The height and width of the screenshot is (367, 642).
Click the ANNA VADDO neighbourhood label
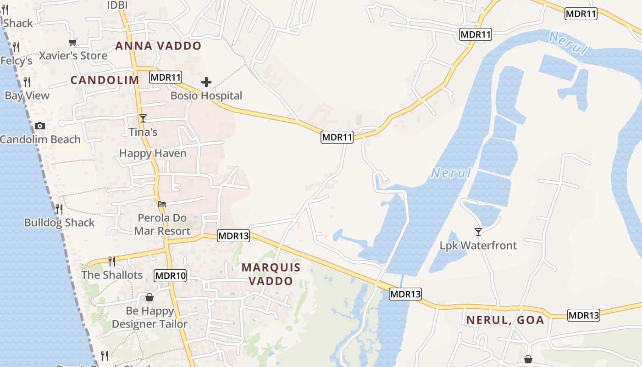coord(158,46)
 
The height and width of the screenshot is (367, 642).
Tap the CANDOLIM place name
coord(105,80)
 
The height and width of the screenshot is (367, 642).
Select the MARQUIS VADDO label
coord(271,274)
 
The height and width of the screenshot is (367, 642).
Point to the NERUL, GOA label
coord(505,320)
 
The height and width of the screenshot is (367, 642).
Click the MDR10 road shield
coord(170,276)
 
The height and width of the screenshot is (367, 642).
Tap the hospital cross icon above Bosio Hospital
coord(206,83)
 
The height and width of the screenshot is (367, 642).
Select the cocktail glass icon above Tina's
coord(143,118)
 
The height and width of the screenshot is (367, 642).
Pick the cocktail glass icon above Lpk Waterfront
coord(478,232)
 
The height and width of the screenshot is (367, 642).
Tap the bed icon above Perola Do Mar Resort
coord(162,204)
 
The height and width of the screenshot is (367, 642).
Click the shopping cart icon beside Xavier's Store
coord(72,43)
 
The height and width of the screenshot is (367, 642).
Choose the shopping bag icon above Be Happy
coord(149,298)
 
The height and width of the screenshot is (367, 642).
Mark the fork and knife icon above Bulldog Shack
coord(59,209)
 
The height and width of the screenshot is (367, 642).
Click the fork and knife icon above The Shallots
coord(112,261)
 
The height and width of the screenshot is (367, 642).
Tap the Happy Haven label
coord(153,153)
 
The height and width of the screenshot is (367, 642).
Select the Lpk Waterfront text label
coord(478,245)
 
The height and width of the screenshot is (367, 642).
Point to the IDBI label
coord(117,5)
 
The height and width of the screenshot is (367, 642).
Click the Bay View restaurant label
coord(27,95)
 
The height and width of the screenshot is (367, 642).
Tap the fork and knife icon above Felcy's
coord(16,47)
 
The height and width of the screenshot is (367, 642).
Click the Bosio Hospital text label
coord(206,96)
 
